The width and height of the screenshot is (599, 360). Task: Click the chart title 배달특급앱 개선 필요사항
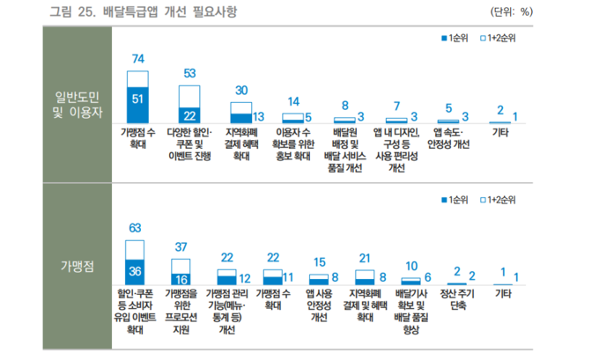pos(154,11)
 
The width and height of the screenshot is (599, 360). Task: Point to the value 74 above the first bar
pos(137,58)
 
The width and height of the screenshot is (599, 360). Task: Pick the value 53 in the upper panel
pos(189,73)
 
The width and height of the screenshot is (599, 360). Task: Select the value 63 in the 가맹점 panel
pos(135,228)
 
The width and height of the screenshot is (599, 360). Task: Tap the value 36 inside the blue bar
pos(135,270)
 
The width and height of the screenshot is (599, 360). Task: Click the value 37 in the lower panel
pos(181,247)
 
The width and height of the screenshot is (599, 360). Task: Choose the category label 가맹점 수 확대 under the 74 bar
pos(137,138)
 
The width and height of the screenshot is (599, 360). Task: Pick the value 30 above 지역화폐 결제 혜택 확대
pos(240,91)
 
